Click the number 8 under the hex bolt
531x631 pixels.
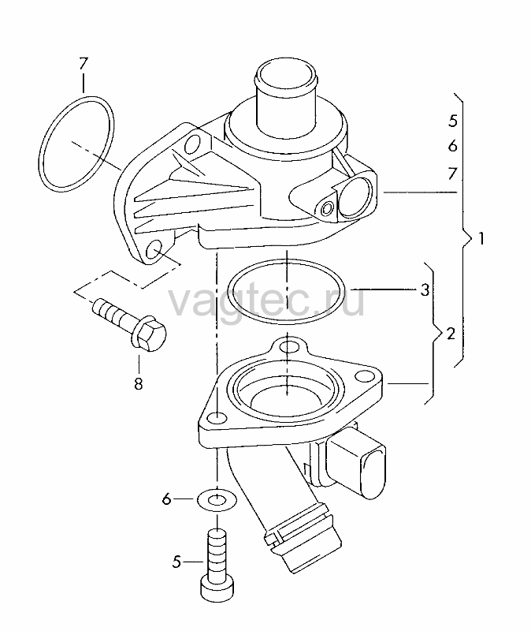click(139, 384)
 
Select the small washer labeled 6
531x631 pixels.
click(217, 501)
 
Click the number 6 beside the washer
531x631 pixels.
click(166, 499)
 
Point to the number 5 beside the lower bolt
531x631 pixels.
click(176, 562)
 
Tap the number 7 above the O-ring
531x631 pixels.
click(84, 64)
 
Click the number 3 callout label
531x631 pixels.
click(425, 289)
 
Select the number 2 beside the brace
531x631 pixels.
click(451, 334)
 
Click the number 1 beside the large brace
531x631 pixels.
click(481, 239)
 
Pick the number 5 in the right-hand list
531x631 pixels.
click(453, 121)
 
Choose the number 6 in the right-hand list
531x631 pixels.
click(453, 146)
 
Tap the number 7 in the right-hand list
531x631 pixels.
click(453, 174)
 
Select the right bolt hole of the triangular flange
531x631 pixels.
click(365, 377)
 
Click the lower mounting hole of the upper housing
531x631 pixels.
click(154, 250)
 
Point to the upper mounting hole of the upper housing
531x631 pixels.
click(193, 144)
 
